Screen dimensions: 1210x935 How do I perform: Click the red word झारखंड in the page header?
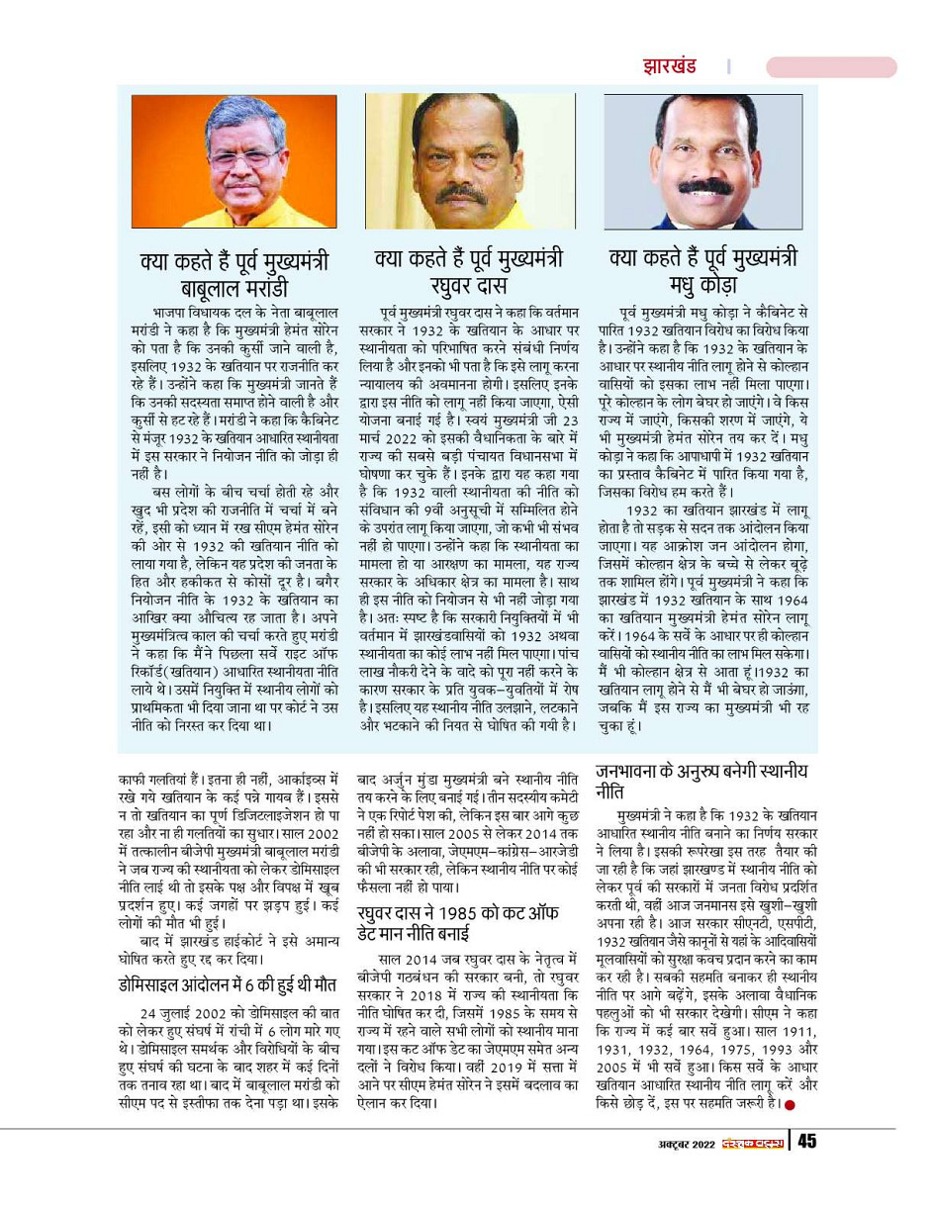coord(664,67)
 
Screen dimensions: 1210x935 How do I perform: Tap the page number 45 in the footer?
coord(807,1141)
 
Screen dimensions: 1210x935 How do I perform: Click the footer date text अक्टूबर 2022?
coord(673,1142)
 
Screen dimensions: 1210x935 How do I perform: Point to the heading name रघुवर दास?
coord(468,287)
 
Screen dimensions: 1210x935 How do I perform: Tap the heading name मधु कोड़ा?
coord(701,287)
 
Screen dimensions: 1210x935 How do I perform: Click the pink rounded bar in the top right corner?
coord(831,67)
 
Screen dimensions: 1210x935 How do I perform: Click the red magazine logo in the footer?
coord(751,1142)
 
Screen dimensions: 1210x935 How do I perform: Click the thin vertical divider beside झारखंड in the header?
coord(728,67)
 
